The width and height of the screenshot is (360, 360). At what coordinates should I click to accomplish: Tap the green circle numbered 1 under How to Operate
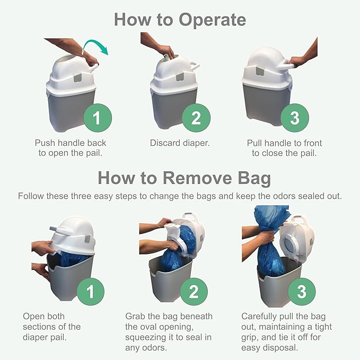click(x=98, y=118)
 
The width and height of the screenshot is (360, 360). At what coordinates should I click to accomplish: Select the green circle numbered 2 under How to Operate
click(x=196, y=118)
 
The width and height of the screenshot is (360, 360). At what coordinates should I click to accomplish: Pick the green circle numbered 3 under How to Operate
click(x=295, y=118)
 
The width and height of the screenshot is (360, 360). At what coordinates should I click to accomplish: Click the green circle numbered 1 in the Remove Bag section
click(x=91, y=292)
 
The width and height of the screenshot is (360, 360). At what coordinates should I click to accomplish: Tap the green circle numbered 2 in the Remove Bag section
click(x=194, y=292)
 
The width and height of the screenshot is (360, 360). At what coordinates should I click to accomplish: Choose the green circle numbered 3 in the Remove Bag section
click(x=302, y=292)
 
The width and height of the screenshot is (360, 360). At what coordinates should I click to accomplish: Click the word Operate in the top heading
click(x=213, y=20)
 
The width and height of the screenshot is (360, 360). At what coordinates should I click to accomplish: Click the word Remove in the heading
click(x=197, y=178)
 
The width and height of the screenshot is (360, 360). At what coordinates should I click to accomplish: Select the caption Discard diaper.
click(x=180, y=143)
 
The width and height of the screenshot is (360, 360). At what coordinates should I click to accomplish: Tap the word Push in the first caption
click(x=45, y=143)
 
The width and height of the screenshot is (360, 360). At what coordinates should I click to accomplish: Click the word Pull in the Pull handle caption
click(x=254, y=143)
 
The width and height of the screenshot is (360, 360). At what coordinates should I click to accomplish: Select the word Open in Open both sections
click(x=32, y=317)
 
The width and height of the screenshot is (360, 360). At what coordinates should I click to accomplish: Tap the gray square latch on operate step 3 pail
click(x=260, y=71)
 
